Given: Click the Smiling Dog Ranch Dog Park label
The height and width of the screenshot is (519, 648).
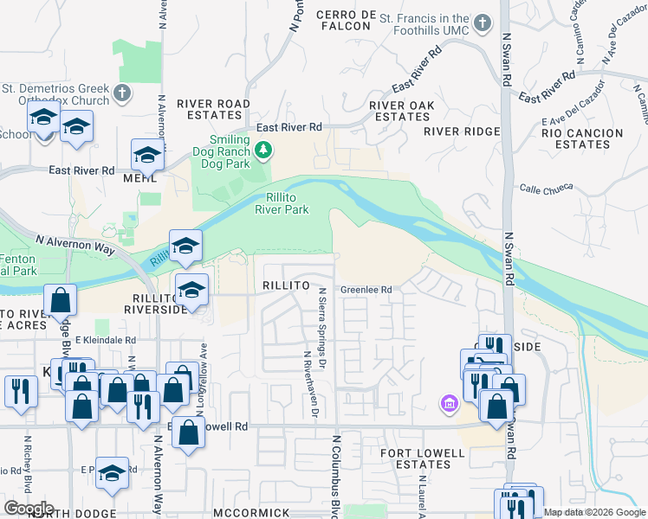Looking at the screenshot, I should (x=228, y=151).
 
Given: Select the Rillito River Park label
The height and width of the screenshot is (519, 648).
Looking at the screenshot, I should (x=282, y=203).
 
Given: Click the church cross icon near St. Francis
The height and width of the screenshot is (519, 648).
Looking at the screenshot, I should (x=503, y=20).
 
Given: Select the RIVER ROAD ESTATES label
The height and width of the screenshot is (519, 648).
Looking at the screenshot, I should (x=213, y=109).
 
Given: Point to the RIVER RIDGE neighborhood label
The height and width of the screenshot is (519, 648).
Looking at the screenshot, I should (x=462, y=131).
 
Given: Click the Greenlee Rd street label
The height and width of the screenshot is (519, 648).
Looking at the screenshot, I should (x=366, y=290).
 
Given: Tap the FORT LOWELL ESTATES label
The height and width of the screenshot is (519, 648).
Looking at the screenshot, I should (x=417, y=458).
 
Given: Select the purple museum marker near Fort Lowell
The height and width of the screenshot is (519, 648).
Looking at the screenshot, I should (x=449, y=403).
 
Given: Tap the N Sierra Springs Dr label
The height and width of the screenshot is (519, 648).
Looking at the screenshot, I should (x=323, y=325).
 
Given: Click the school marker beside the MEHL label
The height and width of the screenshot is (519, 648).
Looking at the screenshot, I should (x=147, y=156).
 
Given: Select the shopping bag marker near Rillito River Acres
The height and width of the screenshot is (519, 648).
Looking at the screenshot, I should (x=62, y=301).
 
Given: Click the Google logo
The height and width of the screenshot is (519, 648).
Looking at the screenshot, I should (x=29, y=509).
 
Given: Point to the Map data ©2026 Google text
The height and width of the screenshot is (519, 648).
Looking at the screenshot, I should (x=594, y=512).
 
